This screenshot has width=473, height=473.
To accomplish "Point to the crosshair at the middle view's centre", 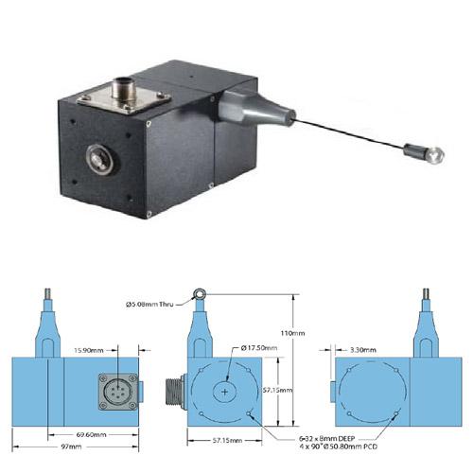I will tap(225, 390).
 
